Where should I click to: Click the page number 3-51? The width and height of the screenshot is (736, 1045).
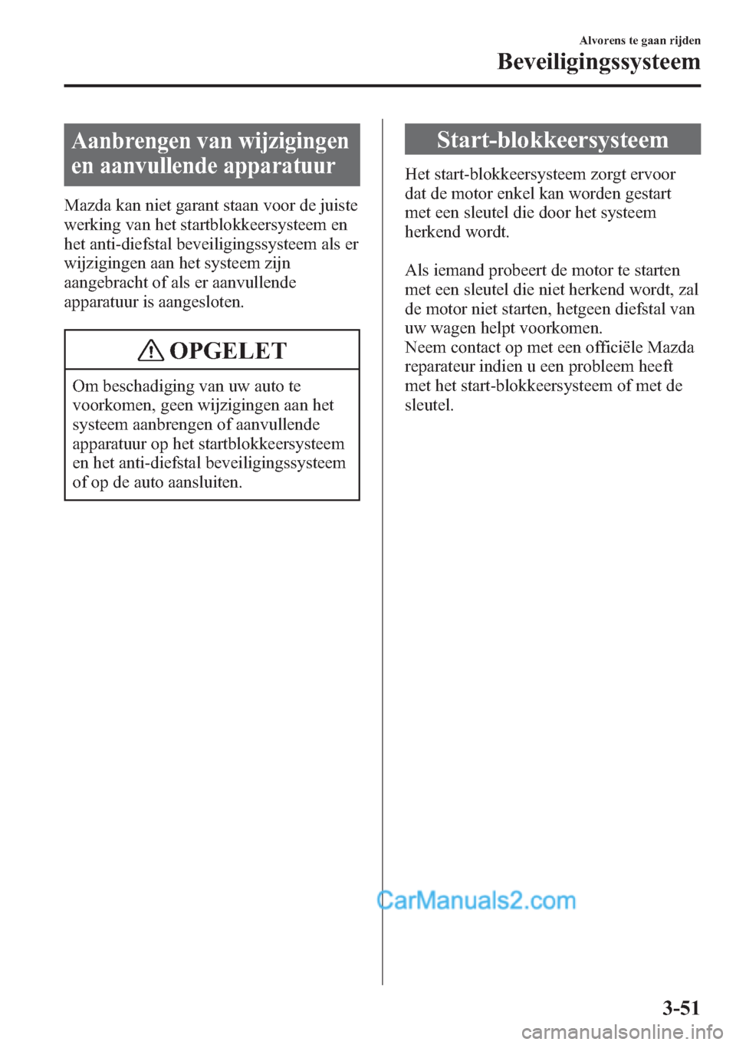tap(681, 1007)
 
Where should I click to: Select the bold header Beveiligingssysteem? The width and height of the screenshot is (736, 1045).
tap(598, 61)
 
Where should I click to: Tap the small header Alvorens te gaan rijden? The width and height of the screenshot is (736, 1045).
tap(639, 41)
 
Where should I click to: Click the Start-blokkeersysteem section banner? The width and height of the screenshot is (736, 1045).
tap(552, 140)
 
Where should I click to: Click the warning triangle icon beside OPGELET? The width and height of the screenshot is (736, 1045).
tap(151, 351)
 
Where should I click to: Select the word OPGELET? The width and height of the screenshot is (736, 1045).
tap(228, 351)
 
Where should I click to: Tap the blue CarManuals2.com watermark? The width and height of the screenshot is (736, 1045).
tap(476, 900)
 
